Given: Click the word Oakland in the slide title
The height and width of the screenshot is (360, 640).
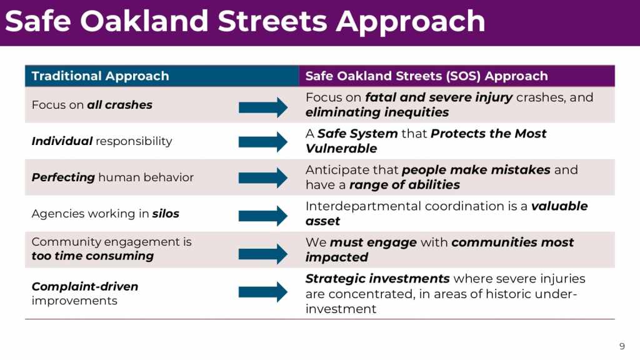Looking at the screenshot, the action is tap(144, 21).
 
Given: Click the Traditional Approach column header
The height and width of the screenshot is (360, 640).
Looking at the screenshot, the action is tap(100, 76).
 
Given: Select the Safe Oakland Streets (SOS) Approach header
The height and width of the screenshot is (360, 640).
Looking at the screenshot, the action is tap(426, 76).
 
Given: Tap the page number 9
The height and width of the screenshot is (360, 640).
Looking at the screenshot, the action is tap(622, 346).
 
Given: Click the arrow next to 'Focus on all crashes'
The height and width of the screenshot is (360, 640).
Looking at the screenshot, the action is tap(263, 107).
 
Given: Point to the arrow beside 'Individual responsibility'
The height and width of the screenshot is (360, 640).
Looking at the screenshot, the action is tap(263, 142).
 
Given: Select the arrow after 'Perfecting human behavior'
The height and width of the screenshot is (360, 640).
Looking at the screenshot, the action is tap(263, 177).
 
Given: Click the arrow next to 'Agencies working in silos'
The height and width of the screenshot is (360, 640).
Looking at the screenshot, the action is tap(263, 216).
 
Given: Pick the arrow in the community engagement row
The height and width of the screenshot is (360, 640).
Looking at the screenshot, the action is tap(263, 254).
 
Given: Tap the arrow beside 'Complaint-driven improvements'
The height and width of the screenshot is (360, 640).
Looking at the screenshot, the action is tap(263, 292).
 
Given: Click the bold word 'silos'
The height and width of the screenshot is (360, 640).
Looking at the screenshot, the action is tap(166, 214).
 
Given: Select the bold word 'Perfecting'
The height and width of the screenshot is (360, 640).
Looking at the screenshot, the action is tap(63, 177).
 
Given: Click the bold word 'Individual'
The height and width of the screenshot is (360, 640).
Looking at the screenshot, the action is tap(62, 141).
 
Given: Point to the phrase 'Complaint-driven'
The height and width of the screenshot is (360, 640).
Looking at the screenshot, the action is tap(85, 286).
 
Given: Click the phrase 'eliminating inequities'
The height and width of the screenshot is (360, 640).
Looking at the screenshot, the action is tap(377, 112).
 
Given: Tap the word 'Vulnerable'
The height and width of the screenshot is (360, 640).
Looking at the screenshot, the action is tap(341, 149).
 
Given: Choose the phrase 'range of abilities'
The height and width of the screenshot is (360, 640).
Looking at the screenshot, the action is tap(404, 185).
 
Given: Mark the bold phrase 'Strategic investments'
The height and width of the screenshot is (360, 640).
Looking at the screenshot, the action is tap(377, 279).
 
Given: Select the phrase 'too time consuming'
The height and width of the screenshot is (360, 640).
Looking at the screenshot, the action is tap(92, 256).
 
